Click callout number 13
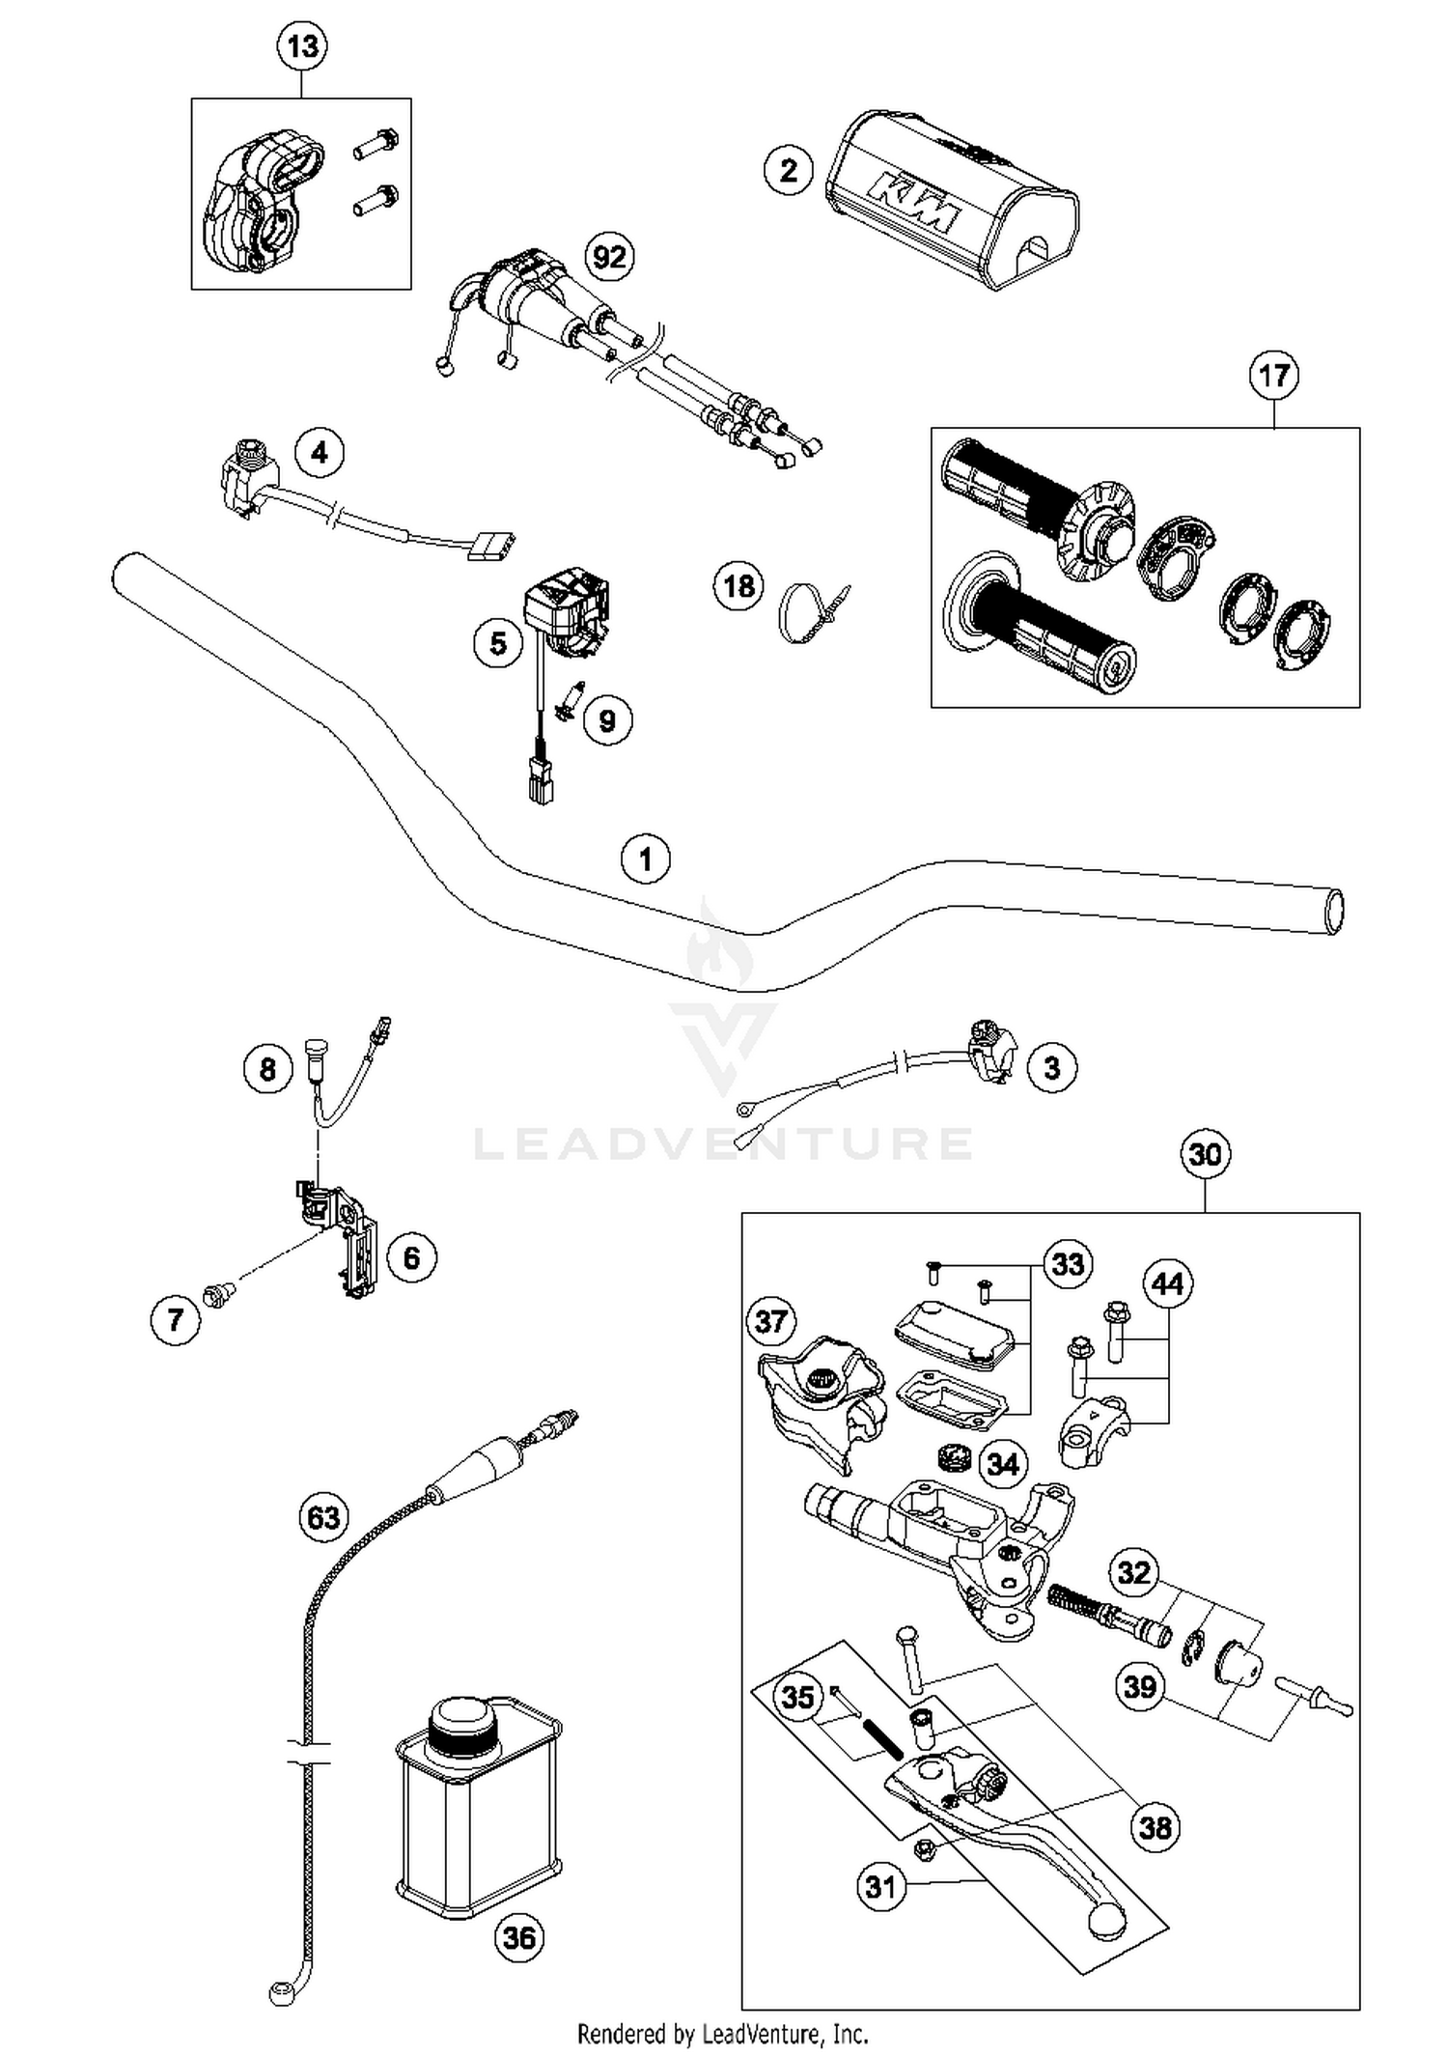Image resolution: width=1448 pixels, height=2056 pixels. pyautogui.click(x=302, y=45)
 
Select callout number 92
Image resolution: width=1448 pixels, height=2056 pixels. pyautogui.click(x=610, y=257)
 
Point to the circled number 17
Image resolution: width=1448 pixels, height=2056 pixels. pyautogui.click(x=1274, y=375)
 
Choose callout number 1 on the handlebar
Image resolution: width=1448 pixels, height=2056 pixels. pyautogui.click(x=646, y=859)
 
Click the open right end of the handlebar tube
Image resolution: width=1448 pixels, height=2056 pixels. pyautogui.click(x=1335, y=911)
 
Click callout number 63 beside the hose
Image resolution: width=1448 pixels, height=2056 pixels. pyautogui.click(x=323, y=1517)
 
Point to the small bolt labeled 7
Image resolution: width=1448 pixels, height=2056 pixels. pyautogui.click(x=217, y=1294)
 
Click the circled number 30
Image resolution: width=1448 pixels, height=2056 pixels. pyautogui.click(x=1205, y=1154)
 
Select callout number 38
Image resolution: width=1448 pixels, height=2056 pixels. pyautogui.click(x=1156, y=1827)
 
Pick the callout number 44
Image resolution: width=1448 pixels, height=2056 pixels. pyautogui.click(x=1168, y=1283)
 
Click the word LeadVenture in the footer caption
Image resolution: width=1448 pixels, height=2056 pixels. pyautogui.click(x=756, y=2034)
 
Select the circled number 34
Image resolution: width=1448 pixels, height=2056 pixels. pyautogui.click(x=1003, y=1464)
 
